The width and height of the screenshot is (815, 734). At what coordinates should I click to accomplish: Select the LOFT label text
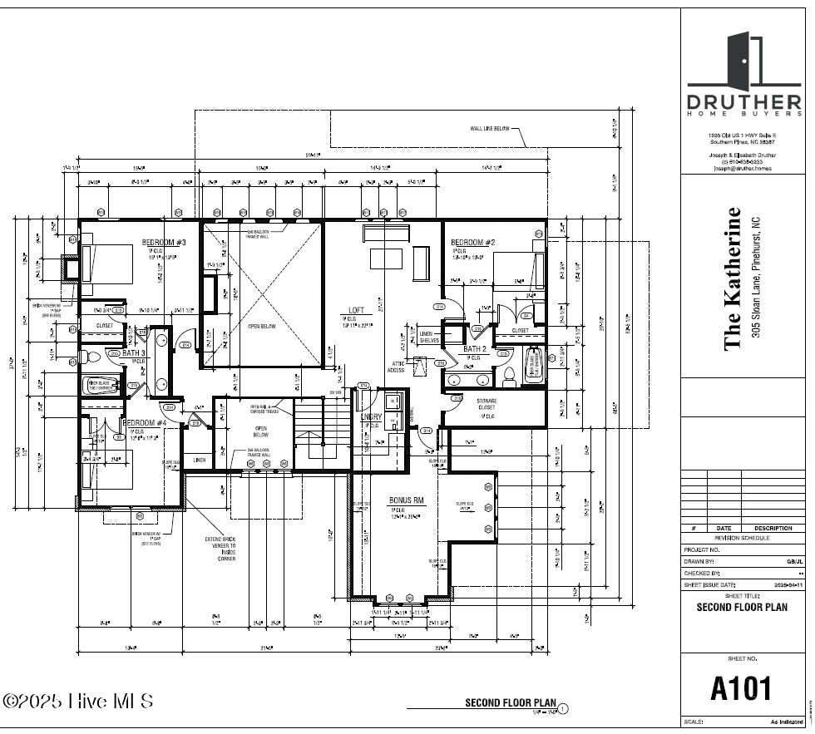tap(356, 310)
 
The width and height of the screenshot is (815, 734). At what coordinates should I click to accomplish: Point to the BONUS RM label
tap(406, 500)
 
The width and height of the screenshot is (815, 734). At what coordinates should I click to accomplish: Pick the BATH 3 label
tap(134, 353)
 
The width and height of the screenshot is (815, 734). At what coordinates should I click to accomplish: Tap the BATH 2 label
tap(475, 349)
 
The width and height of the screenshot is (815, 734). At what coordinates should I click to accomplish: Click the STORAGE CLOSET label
tap(487, 404)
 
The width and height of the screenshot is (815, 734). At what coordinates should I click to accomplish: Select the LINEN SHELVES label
tap(430, 337)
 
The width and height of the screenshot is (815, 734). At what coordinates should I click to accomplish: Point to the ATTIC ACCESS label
tap(397, 367)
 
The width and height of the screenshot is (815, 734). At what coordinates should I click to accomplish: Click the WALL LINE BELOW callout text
tap(487, 129)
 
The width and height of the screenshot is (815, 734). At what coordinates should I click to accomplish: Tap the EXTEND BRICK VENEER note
tap(220, 549)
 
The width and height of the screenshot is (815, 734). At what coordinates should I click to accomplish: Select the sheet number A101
tap(741, 688)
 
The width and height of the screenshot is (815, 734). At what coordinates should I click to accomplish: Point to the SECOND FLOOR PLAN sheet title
tap(741, 606)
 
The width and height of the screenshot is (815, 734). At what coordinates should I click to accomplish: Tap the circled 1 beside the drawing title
tap(563, 709)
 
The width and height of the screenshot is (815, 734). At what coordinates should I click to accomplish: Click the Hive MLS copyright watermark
tap(78, 701)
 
